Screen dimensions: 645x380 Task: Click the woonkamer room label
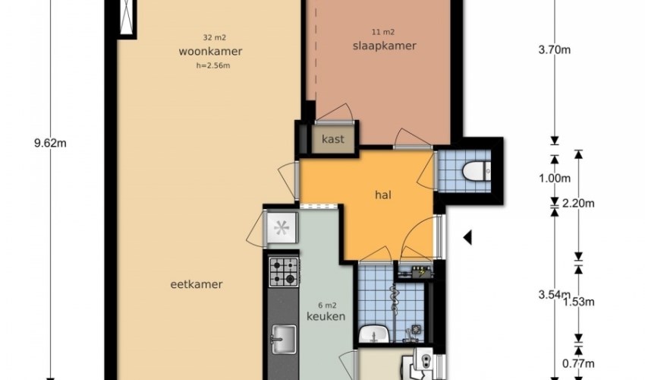point(210,52)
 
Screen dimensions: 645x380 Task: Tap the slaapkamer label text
point(385,46)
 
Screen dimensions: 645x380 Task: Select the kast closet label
point(333,139)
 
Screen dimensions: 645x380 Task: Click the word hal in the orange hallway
point(383,195)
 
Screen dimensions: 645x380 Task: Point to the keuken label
point(326,316)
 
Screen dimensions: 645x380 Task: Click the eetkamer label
point(197,284)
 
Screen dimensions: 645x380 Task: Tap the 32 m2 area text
point(214,37)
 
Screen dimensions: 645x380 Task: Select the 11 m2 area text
point(383,32)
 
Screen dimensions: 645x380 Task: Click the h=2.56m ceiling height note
point(213,65)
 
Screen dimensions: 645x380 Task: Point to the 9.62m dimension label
point(50,144)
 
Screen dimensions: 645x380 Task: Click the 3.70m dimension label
point(555,50)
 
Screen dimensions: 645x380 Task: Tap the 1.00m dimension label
point(555,179)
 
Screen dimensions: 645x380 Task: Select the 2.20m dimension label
point(578,203)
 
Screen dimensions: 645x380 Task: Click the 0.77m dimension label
point(578,363)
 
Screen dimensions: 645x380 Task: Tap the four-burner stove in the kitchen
point(284,272)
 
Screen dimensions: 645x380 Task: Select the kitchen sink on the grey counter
point(284,339)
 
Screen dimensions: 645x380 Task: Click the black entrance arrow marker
point(467,237)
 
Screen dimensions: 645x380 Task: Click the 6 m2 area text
point(328,306)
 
